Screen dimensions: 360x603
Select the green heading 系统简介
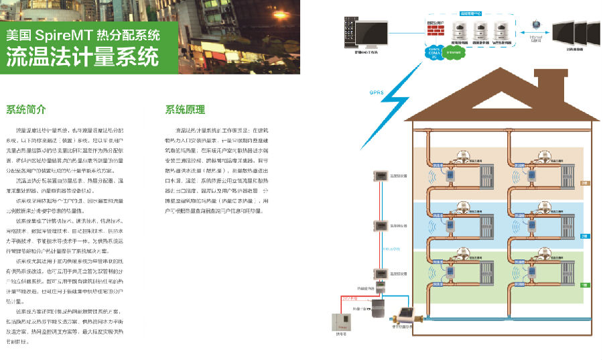click(x=26, y=109)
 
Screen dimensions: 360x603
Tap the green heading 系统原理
click(x=185, y=109)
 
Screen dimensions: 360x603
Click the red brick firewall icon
click(x=436, y=29)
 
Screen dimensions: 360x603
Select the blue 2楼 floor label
click(x=584, y=236)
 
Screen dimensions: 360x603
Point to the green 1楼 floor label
click(x=584, y=286)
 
